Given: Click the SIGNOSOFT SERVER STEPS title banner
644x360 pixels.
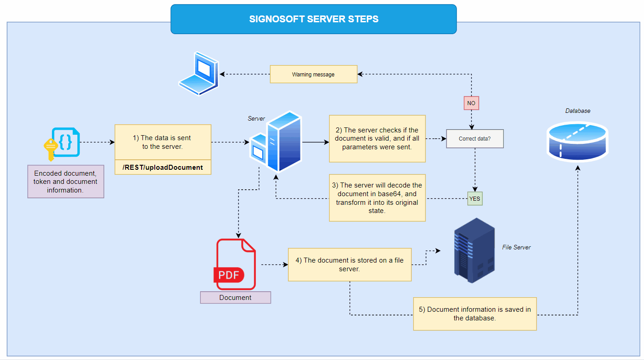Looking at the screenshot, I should (x=314, y=19).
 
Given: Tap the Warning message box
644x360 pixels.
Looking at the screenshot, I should (x=314, y=74).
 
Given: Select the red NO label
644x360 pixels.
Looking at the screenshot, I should (x=471, y=103).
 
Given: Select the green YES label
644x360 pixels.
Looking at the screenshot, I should (x=475, y=198).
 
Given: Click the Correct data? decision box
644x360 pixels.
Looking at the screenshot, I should (x=475, y=139).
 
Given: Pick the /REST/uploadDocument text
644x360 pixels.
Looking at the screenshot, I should (x=163, y=167).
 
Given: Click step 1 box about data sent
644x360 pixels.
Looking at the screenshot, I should (x=163, y=142).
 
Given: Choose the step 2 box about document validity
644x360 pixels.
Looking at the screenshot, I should (x=377, y=138).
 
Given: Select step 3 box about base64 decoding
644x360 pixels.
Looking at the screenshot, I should (x=377, y=198).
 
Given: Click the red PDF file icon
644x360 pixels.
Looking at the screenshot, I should (x=235, y=264).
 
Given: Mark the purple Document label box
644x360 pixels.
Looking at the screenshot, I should (x=235, y=298).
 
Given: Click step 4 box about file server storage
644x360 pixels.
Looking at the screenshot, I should (x=350, y=264).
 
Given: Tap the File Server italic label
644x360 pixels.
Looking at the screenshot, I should (x=516, y=247).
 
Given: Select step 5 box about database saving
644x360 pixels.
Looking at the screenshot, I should (x=475, y=314).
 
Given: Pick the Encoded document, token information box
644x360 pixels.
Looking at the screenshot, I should (x=66, y=182).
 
